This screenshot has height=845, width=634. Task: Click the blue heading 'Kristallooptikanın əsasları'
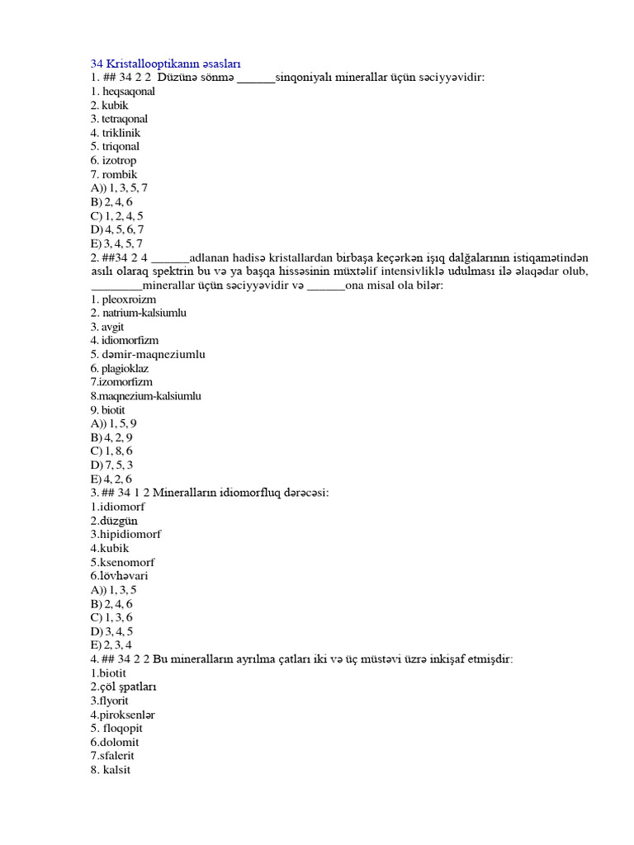(x=165, y=64)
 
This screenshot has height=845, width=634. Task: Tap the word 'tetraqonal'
(x=125, y=119)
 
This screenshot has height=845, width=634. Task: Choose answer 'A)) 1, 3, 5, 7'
(x=120, y=188)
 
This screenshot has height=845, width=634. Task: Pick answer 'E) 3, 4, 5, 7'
(x=117, y=243)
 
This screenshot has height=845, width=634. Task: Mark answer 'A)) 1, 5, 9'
(x=114, y=423)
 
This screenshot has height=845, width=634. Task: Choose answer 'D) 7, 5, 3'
(x=111, y=465)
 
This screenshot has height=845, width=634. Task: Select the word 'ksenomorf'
(x=126, y=562)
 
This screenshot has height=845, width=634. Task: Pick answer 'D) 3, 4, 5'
(x=111, y=631)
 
